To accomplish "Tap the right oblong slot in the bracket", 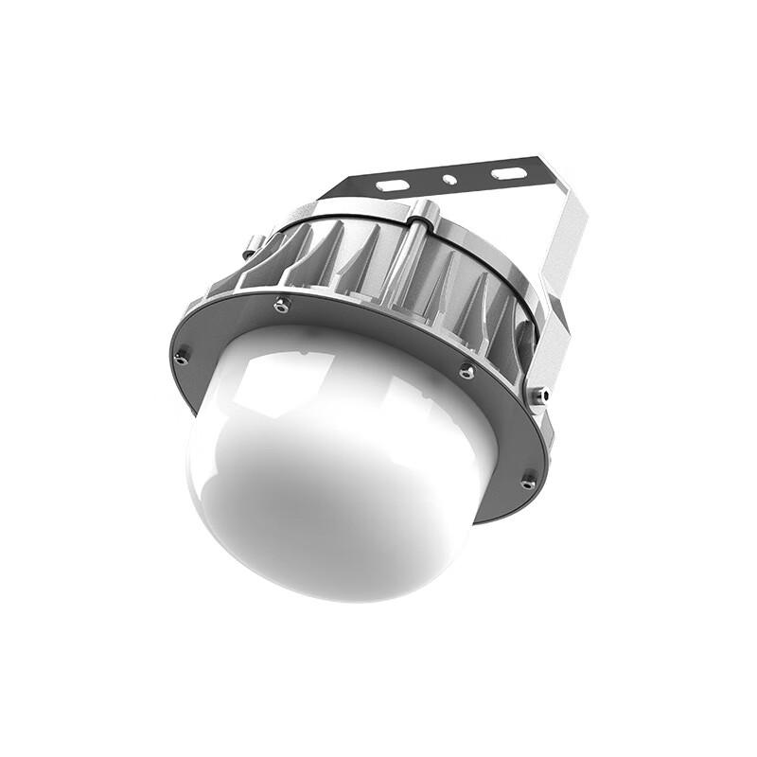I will point(508,174).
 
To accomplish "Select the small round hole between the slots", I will point(450,179).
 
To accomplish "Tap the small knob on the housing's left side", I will point(251,249).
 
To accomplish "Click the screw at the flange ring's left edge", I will point(181,357).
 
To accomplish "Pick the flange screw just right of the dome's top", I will point(466,371).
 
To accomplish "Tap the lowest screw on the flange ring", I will point(528,483).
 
